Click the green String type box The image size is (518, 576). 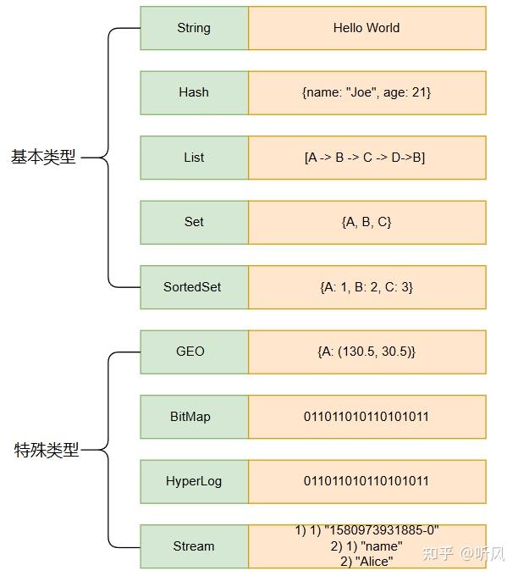point(194,28)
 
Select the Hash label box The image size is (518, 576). point(194,92)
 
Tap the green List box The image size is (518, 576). point(194,158)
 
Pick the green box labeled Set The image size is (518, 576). point(194,222)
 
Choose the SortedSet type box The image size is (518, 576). point(194,287)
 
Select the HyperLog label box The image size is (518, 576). point(194,481)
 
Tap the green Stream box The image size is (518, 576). point(194,546)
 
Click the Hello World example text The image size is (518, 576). point(366,28)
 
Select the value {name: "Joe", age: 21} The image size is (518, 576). point(366,92)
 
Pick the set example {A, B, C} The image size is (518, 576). point(366,222)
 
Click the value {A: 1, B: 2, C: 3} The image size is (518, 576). point(366,287)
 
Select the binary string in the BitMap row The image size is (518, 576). point(366,417)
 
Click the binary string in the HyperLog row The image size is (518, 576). point(366,481)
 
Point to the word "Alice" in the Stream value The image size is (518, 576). point(374,561)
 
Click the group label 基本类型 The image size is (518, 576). point(43,158)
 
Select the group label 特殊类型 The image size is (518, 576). point(47,451)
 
